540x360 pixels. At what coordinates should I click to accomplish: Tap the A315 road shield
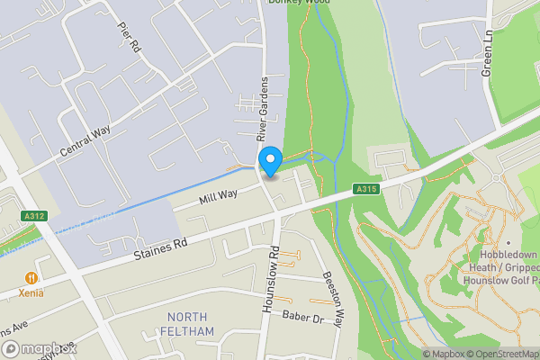364,189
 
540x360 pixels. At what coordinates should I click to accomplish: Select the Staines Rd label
161,244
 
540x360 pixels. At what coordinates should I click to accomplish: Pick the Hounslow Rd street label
268,279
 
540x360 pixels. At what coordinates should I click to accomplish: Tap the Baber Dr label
301,318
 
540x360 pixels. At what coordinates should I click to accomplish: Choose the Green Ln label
489,53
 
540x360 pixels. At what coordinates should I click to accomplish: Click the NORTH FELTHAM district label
187,324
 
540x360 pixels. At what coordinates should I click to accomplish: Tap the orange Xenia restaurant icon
31,278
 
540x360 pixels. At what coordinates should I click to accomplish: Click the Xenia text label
32,293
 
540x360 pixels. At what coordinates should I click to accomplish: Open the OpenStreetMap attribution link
498,354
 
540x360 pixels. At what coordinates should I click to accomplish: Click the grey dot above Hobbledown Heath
508,243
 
